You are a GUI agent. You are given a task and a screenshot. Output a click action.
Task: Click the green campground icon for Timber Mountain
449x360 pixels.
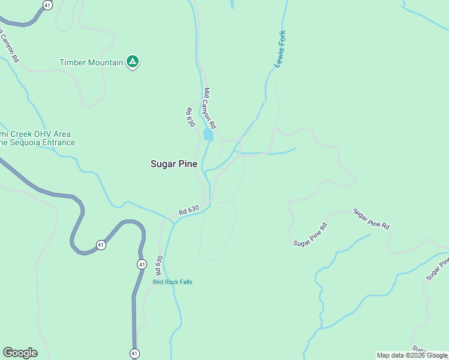133,62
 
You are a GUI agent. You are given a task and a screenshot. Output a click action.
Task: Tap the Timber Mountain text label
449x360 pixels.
91,62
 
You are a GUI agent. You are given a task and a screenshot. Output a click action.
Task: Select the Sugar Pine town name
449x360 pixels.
173,163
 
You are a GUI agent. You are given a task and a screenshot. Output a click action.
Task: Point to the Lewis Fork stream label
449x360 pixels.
279,49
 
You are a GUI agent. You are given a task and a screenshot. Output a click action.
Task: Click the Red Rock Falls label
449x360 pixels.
173,282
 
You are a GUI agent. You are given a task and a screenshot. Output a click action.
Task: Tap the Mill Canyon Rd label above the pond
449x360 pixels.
209,107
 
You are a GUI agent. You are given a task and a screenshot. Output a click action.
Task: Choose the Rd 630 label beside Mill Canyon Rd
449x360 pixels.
191,117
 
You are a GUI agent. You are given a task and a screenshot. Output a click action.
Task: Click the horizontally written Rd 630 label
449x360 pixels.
188,211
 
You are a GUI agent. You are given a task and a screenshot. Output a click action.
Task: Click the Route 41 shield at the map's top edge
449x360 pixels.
48,5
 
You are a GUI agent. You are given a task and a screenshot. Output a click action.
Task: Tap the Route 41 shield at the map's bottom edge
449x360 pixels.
134,353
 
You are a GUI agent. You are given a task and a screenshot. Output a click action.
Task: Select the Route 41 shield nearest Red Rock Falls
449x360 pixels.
142,264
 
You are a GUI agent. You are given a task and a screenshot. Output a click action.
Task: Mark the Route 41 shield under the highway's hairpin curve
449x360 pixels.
101,245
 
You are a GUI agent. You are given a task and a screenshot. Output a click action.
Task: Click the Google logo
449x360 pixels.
20,353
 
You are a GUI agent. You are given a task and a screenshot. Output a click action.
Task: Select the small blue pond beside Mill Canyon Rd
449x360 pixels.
208,135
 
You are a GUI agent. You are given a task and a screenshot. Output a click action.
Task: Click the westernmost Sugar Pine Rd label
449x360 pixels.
310,235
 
